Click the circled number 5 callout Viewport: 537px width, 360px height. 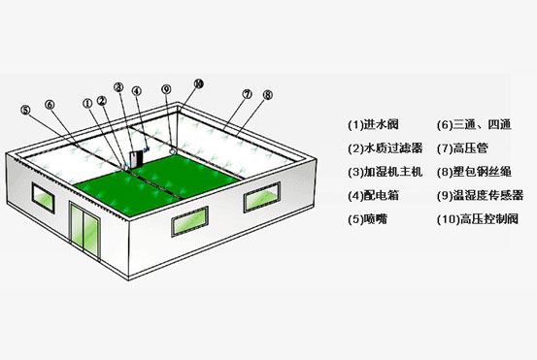[x=25, y=111]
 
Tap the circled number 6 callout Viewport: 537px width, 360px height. [x=50, y=105]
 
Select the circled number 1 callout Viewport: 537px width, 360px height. [x=88, y=103]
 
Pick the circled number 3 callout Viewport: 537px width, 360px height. [x=118, y=87]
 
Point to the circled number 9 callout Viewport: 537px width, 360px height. [x=166, y=89]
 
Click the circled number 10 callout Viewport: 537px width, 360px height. [x=199, y=83]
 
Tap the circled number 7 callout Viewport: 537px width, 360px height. [x=247, y=94]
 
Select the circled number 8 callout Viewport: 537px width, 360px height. [x=268, y=95]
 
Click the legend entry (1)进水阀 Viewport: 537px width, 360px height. [x=373, y=124]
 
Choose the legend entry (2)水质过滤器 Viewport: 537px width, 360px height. [x=386, y=148]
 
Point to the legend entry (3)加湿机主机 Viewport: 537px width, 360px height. [x=386, y=172]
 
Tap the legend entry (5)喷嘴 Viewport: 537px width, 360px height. [x=367, y=219]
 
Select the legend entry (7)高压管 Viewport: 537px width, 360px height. [x=462, y=148]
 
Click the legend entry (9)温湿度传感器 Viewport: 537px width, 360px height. [x=480, y=195]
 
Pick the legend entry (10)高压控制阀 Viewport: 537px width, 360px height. [x=478, y=219]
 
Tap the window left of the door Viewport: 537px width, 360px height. [x=43, y=198]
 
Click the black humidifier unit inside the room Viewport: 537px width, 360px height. [x=136, y=159]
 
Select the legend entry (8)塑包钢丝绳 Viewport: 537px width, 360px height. [x=474, y=172]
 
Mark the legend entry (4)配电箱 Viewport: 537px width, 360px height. [x=373, y=195]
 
